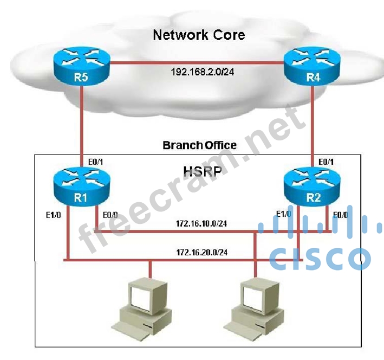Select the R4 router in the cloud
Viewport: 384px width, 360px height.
(313, 68)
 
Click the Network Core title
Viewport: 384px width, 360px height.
(199, 35)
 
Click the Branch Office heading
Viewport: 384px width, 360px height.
(199, 145)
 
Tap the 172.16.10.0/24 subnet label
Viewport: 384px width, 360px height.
(201, 223)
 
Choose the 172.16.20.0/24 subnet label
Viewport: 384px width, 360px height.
(201, 252)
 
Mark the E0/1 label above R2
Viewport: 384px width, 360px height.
(327, 160)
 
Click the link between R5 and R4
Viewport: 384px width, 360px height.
(198, 63)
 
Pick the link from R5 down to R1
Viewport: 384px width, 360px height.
(81, 125)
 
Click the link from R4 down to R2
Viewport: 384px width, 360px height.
(313, 125)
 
